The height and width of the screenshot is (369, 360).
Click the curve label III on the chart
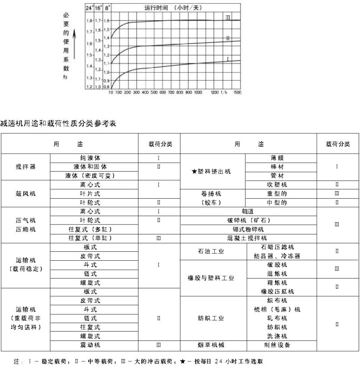(227, 17)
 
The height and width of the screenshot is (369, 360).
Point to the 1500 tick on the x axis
(237, 93)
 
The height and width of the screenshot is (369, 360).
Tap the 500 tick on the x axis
(153, 93)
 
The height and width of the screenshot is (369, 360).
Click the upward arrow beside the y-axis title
(74, 45)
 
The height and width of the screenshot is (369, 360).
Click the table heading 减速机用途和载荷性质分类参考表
(58, 123)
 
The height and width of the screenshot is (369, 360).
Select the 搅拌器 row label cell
(25, 167)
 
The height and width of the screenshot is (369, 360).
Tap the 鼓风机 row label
(25, 193)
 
